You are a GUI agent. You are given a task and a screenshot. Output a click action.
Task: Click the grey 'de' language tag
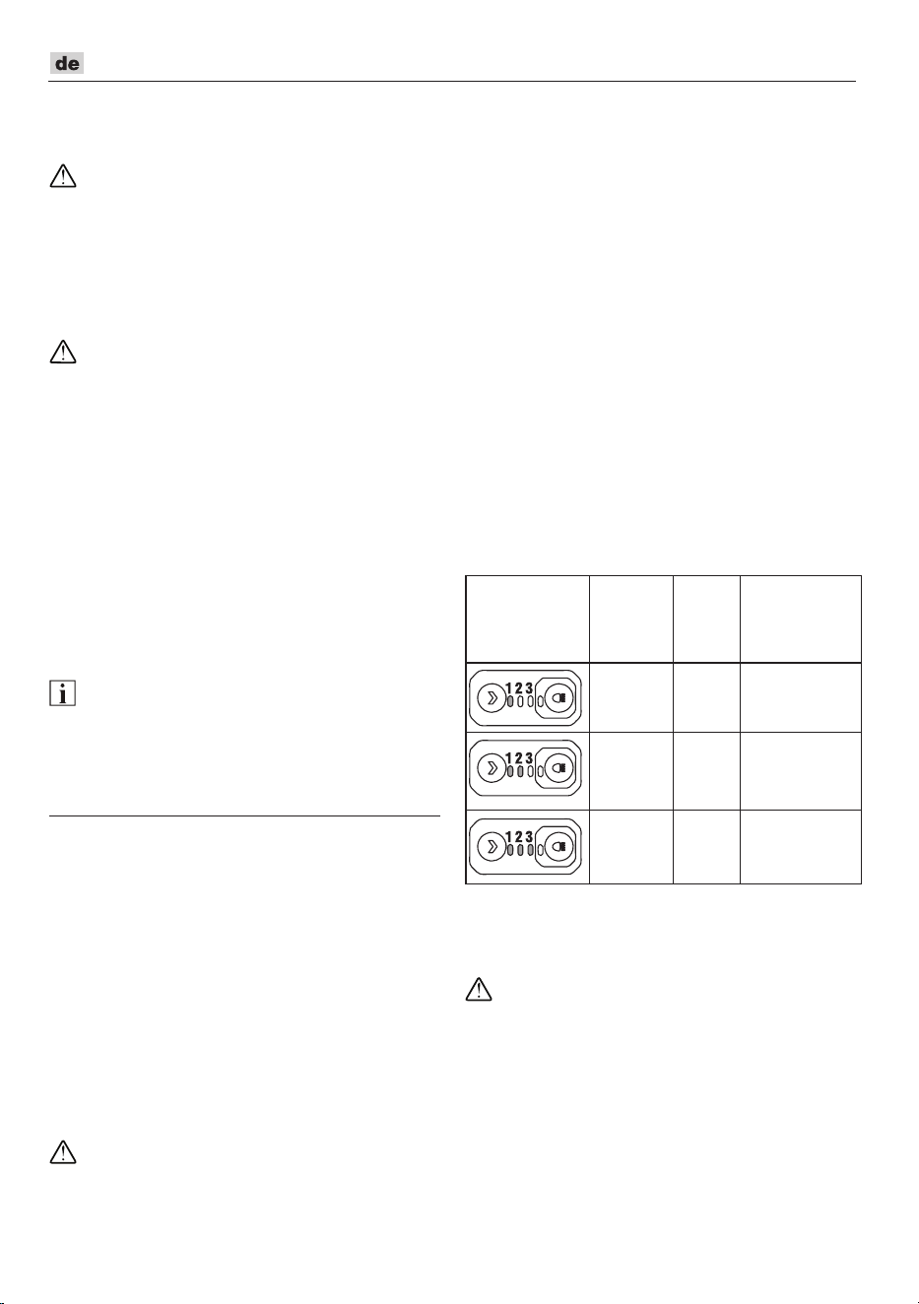click(67, 63)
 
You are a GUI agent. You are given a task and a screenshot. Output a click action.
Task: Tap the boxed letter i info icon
click(62, 693)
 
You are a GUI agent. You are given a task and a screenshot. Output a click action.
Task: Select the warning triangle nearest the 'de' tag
click(63, 176)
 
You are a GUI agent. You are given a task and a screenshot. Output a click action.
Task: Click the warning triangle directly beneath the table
click(479, 989)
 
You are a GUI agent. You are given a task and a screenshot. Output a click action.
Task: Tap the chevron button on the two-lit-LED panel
click(492, 768)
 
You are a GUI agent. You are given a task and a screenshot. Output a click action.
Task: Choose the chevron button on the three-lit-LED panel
click(492, 846)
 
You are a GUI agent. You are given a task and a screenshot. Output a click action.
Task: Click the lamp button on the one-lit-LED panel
click(559, 698)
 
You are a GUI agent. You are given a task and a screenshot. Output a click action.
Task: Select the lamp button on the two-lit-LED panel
click(559, 768)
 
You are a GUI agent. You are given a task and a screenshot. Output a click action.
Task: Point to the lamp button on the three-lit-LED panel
click(559, 846)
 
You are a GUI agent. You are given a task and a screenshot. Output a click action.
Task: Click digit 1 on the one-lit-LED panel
click(509, 688)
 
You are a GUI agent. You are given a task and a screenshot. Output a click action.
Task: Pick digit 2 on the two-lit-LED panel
click(519, 758)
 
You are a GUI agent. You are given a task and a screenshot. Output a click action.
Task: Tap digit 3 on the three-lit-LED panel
click(529, 836)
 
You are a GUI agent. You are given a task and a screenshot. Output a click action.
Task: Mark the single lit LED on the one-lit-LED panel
click(510, 701)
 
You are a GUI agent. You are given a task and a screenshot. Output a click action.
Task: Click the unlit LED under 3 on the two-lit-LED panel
click(530, 771)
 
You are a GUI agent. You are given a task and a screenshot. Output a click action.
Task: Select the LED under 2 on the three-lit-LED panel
click(520, 850)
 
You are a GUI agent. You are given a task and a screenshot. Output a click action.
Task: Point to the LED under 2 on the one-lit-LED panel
click(520, 701)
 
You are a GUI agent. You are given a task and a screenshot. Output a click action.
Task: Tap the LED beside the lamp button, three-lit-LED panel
click(540, 850)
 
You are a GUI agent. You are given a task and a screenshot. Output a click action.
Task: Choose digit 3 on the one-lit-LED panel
click(529, 688)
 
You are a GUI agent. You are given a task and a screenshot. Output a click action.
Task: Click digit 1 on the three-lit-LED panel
click(509, 836)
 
